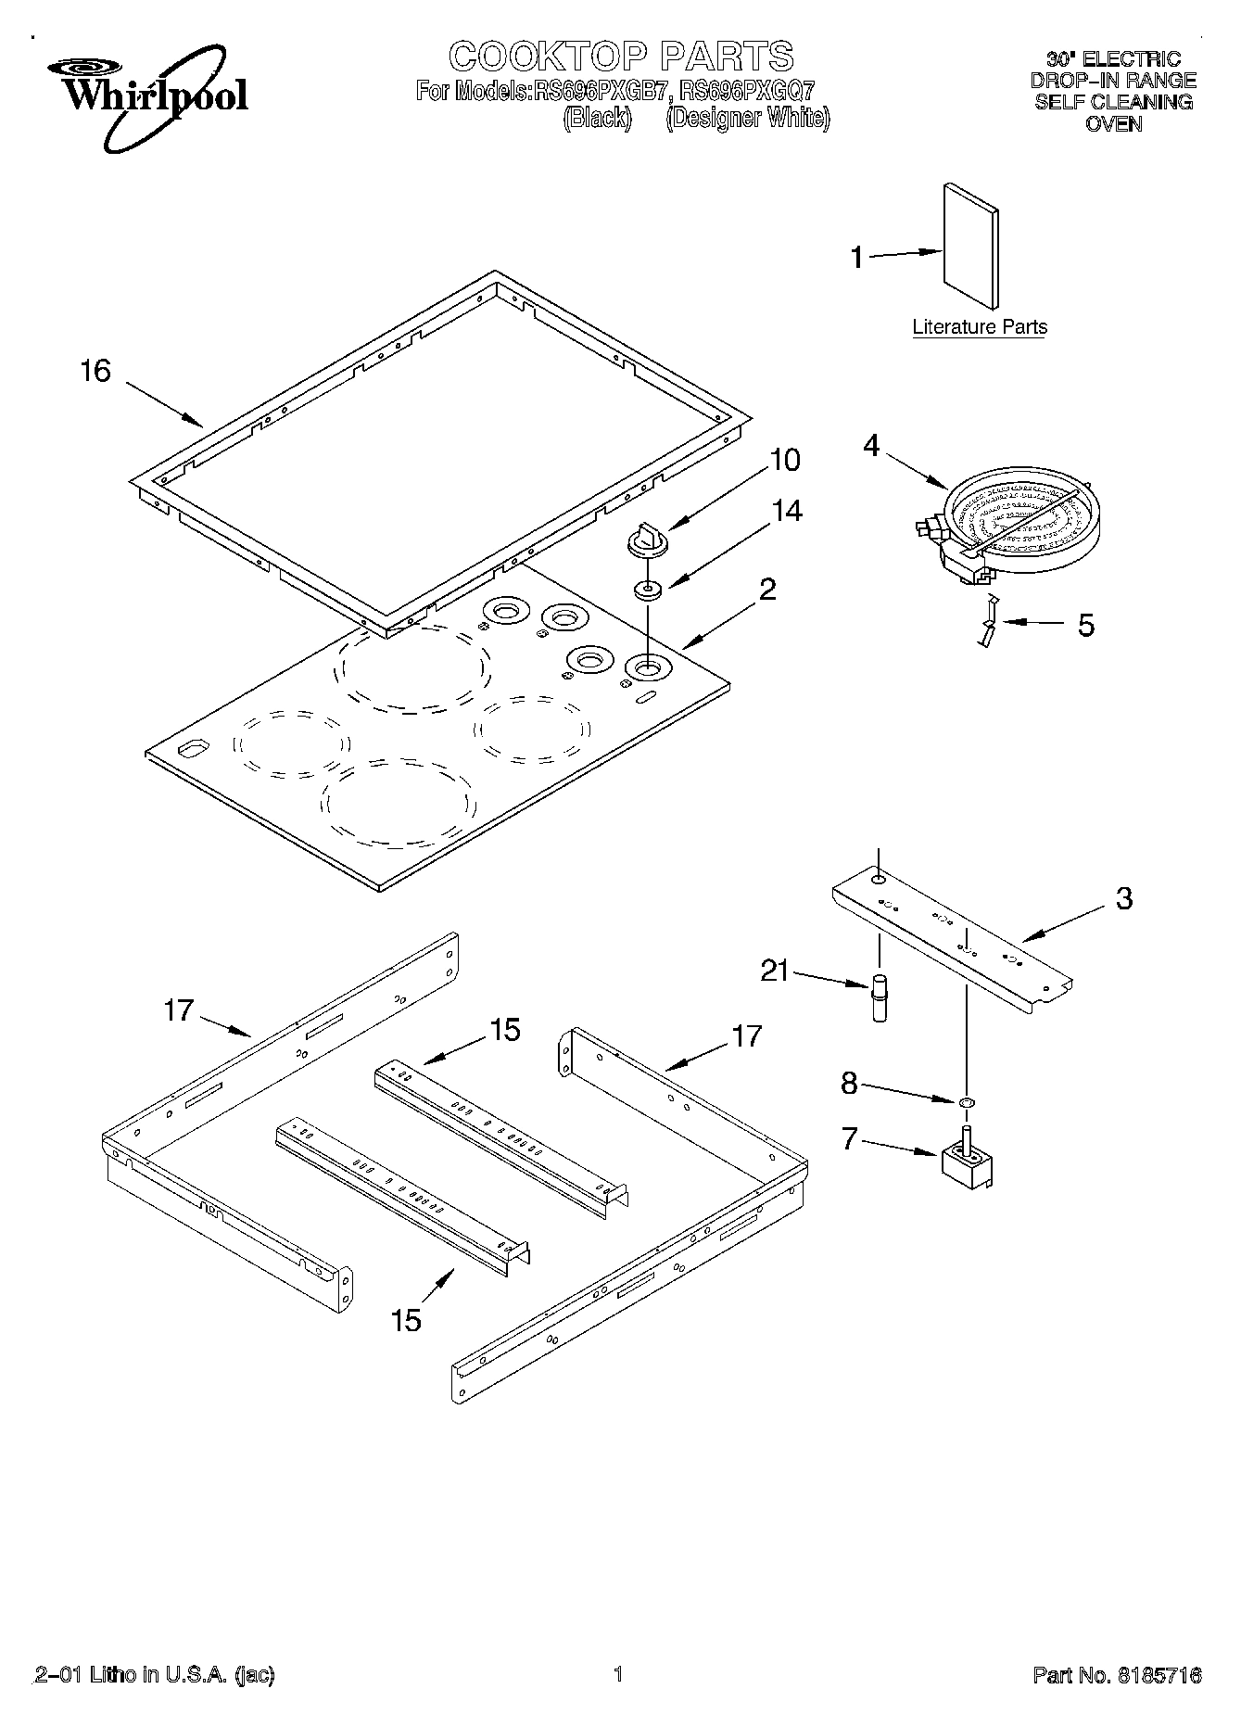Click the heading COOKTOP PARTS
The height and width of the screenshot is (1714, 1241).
[x=621, y=57]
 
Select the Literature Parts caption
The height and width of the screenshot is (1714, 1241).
[x=979, y=326]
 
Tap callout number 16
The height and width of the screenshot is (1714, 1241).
[x=95, y=371]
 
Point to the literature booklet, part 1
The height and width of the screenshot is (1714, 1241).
[x=971, y=246]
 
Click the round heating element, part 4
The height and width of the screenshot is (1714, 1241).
[x=1015, y=529]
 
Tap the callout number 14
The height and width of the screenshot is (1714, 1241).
[x=787, y=510]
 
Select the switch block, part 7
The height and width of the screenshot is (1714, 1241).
[x=967, y=1161]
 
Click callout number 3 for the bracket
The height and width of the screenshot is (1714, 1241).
[x=1123, y=897]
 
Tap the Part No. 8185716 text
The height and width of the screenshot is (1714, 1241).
[x=1117, y=1675]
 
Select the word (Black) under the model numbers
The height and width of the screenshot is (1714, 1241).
[x=597, y=119]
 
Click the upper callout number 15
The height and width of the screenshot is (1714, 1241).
[x=505, y=1029]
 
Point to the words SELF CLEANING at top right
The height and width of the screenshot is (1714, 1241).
[x=1113, y=102]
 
